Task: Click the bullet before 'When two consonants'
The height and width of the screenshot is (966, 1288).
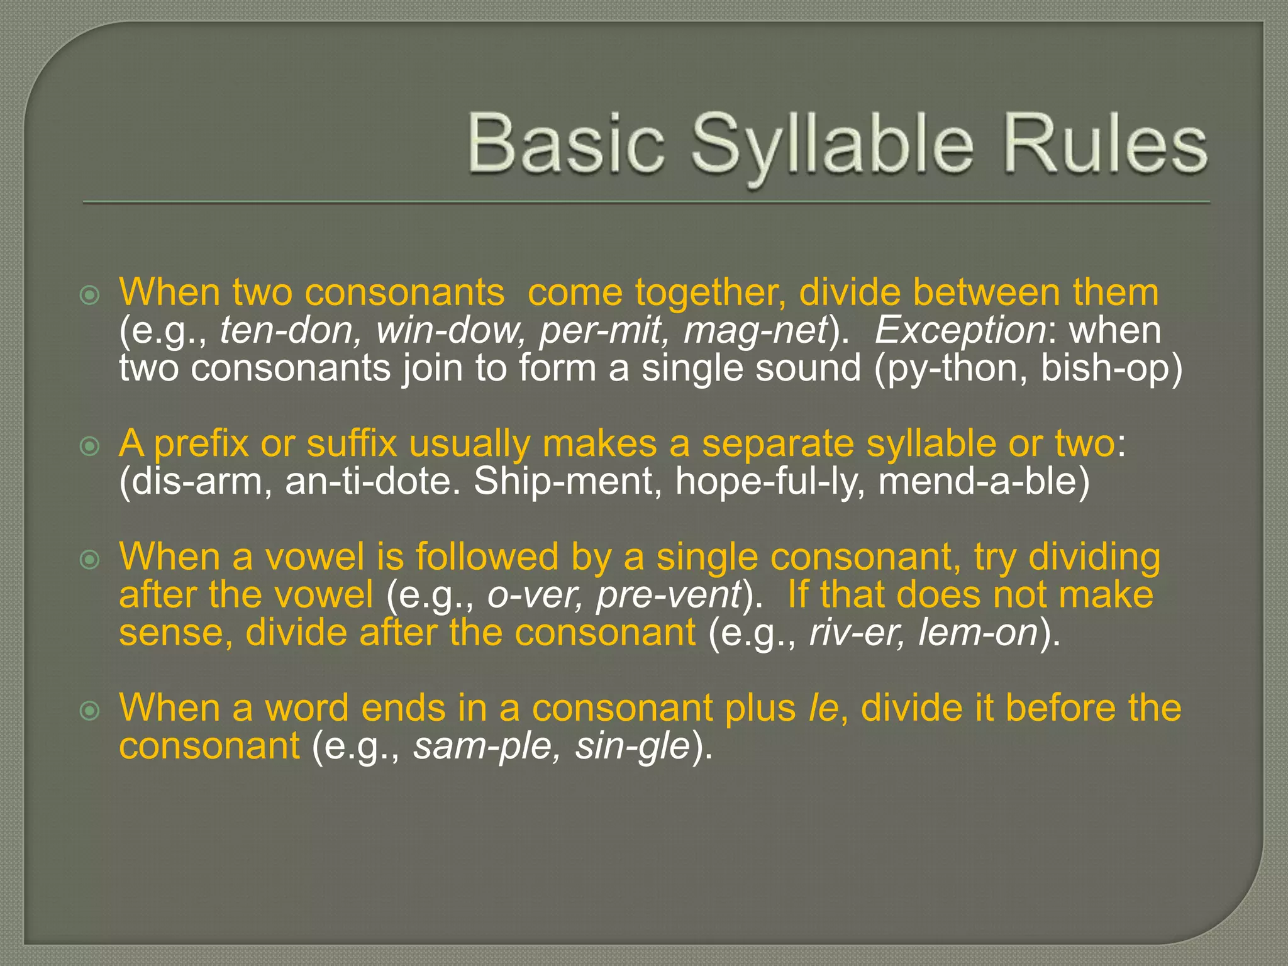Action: point(91,295)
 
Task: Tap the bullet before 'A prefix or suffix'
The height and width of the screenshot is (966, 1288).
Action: point(91,447)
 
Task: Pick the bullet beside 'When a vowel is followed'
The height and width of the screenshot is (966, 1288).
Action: point(91,559)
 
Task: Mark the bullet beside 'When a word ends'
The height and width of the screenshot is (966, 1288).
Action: point(91,711)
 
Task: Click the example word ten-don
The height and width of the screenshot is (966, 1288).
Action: point(290,331)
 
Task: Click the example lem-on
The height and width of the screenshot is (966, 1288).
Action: point(977,633)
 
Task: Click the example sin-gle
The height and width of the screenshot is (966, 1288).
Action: point(633,747)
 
